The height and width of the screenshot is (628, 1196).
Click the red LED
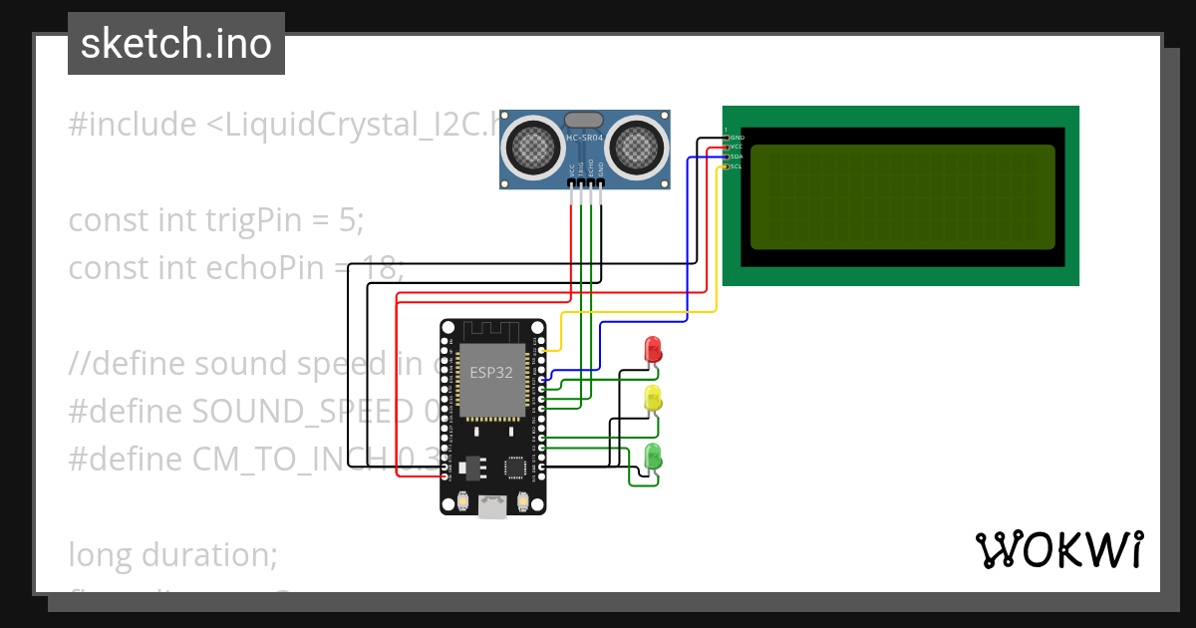653,349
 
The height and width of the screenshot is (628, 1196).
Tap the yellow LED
653,398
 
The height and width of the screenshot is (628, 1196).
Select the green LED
653,457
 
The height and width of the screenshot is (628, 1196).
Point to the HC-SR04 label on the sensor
585,138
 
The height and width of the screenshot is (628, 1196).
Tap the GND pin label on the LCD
738,137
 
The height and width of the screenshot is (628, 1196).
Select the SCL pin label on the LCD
737,166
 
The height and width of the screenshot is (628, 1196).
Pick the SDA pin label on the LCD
737,157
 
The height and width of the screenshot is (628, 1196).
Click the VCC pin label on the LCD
737,147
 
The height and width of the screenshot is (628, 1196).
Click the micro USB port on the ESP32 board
492,507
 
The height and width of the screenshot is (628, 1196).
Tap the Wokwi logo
1058,550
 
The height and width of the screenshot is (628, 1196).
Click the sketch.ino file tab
176,44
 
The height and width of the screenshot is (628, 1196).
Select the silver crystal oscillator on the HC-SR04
585,119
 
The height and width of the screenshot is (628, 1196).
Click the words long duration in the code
173,553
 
